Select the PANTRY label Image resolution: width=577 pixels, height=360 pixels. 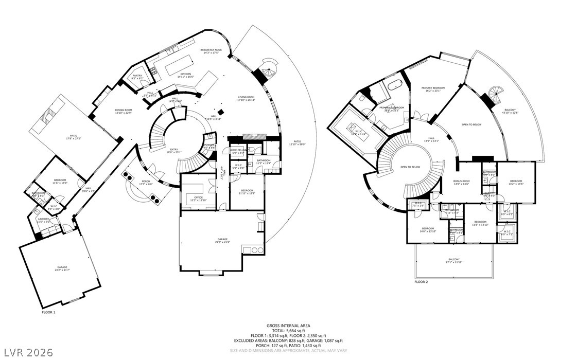pyautogui.click(x=137, y=77)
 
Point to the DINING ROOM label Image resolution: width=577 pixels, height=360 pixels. pyautogui.click(x=124, y=111)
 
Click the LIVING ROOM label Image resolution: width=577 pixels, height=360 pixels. pyautogui.click(x=246, y=98)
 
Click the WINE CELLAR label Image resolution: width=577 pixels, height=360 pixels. pyautogui.click(x=237, y=151)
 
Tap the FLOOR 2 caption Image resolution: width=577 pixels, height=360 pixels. pyautogui.click(x=421, y=282)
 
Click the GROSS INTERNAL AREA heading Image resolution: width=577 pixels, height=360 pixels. pyautogui.click(x=288, y=326)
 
